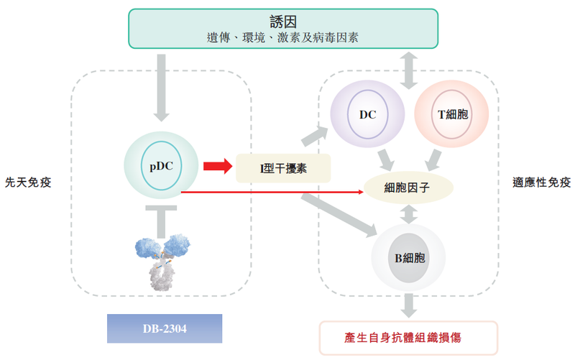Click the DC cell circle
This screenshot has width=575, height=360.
[367, 113]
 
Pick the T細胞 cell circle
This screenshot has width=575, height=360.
[452, 114]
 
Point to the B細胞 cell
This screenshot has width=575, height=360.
[408, 257]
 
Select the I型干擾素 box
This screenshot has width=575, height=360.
[283, 168]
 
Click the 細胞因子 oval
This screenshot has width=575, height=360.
[408, 188]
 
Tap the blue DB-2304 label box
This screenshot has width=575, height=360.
[165, 328]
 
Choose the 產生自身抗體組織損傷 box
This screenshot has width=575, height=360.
[408, 336]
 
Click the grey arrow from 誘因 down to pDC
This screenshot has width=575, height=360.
[161, 87]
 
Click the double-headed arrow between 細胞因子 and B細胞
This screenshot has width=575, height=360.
[408, 214]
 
